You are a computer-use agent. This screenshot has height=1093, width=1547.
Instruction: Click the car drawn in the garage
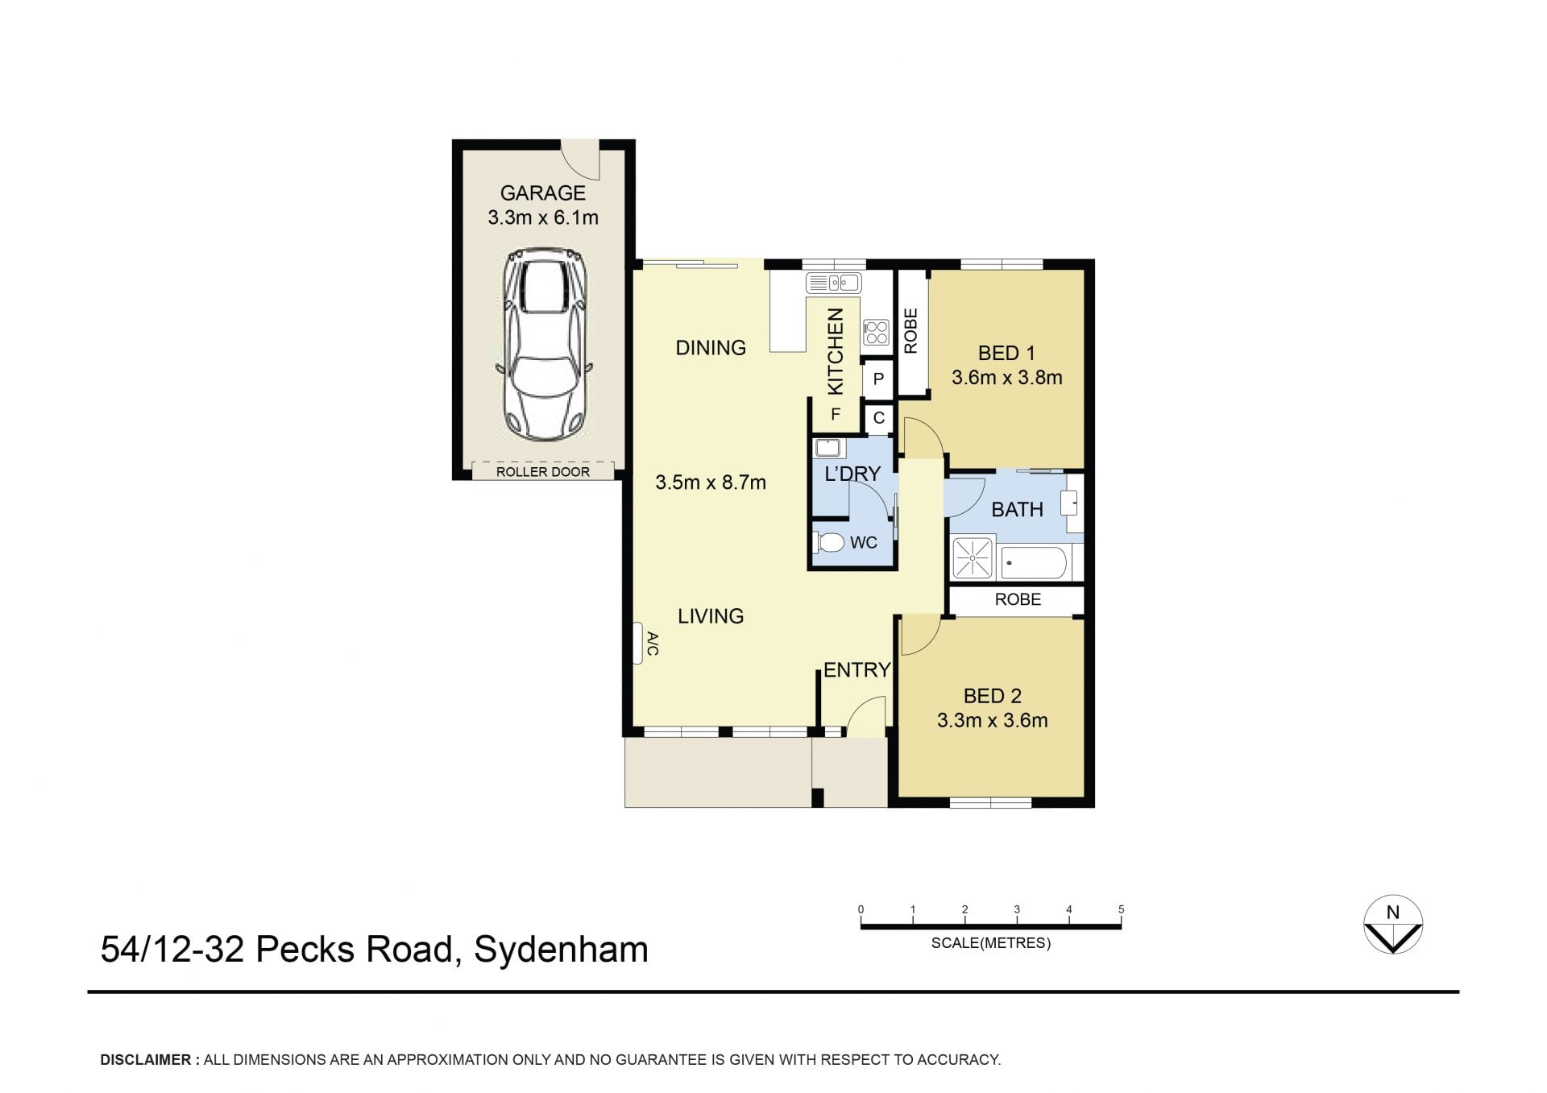coord(543,344)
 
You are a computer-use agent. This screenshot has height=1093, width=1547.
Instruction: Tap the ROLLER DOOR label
coord(543,472)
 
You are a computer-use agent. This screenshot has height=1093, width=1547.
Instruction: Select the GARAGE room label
coord(543,193)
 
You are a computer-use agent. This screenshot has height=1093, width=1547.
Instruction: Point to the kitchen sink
coord(834,283)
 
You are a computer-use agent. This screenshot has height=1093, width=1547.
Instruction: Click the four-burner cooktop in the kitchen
coord(876,333)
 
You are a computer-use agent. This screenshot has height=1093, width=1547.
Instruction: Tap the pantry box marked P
coord(878,379)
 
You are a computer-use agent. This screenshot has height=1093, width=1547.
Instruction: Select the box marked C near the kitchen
coord(879,418)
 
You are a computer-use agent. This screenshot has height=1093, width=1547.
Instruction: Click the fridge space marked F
coord(836,415)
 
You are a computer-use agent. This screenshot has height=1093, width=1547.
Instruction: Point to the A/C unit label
coord(653,644)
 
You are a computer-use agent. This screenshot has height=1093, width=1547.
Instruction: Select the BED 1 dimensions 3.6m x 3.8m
coord(1007,378)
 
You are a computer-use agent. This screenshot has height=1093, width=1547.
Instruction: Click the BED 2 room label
coord(993,696)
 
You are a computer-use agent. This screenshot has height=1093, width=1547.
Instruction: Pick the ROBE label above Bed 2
coord(1018,599)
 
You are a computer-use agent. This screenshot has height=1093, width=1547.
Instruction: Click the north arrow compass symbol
coord(1393,925)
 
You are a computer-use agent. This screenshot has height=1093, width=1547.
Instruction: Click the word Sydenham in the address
coord(561,950)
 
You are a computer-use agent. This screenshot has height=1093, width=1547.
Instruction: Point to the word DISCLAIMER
coord(146,1060)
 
